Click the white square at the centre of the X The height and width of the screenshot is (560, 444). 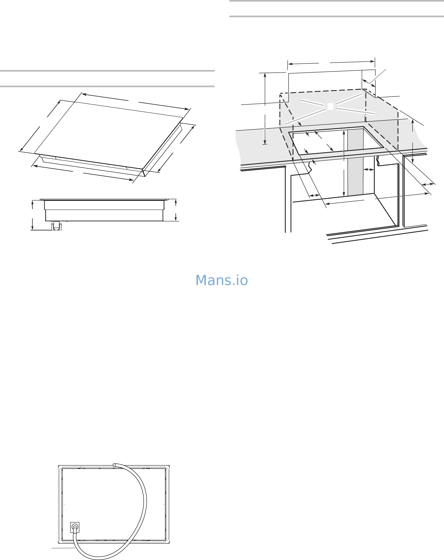point(330,106)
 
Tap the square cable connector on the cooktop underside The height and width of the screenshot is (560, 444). point(75,527)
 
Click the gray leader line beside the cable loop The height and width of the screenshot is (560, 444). point(63,548)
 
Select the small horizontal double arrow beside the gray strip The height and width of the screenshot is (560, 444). point(369,170)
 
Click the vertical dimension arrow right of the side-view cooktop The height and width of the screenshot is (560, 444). point(176,210)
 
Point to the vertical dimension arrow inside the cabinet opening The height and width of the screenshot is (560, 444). point(344,164)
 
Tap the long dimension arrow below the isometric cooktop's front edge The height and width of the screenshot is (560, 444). point(83,173)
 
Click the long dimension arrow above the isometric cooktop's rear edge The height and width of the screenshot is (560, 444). point(135,101)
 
